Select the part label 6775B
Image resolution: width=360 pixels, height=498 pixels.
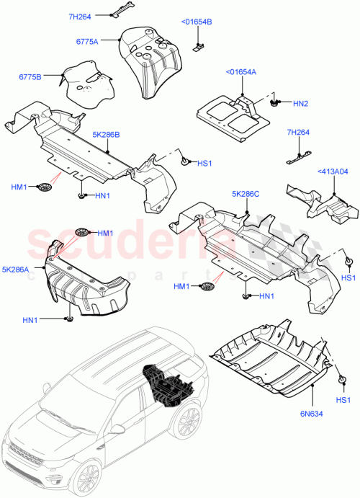pos(30,76)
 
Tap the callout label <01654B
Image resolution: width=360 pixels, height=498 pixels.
pos(197,22)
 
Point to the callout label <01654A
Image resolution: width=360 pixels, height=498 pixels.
pos(242,72)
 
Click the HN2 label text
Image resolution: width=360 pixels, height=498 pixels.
pos(301,105)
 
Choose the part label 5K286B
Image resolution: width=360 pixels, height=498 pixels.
pos(106,134)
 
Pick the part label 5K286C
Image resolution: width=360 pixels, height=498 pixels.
pos(246,194)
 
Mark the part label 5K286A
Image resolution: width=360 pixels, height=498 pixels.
pos(17,270)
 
